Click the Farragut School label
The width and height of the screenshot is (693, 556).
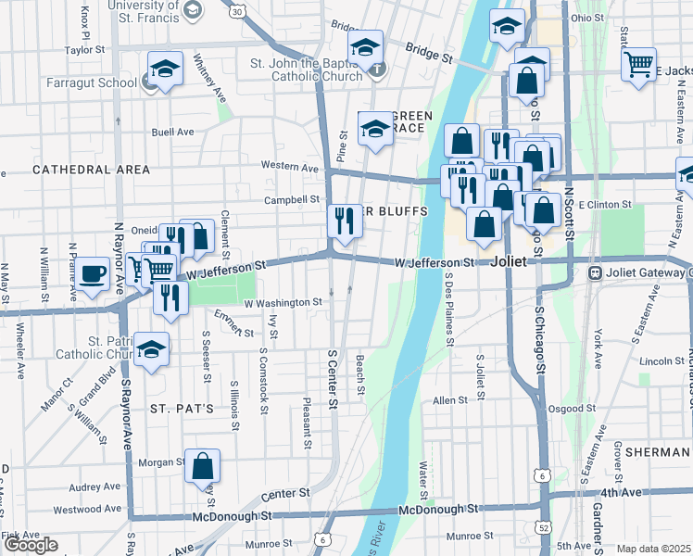tap(92, 82)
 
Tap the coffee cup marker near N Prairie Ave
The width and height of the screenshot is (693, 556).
tap(93, 274)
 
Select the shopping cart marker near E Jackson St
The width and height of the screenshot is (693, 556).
tap(637, 66)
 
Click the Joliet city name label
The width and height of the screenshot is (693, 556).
tap(509, 261)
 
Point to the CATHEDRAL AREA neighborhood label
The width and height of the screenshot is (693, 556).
tap(91, 170)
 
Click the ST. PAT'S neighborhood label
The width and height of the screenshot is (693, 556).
tap(183, 408)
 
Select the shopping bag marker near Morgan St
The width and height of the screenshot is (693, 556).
tap(201, 467)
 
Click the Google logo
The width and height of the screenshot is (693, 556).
tap(31, 545)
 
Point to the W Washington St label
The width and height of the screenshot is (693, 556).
tap(283, 302)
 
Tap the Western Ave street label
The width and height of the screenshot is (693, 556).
tap(290, 167)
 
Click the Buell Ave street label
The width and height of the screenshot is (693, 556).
tap(173, 132)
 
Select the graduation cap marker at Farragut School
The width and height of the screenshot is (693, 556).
tap(165, 69)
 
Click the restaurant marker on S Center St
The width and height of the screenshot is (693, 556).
tap(344, 222)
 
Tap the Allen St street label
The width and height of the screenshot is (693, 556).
tap(450, 400)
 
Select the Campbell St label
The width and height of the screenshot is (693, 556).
tap(291, 199)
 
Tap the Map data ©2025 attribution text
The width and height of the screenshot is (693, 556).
tap(653, 549)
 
